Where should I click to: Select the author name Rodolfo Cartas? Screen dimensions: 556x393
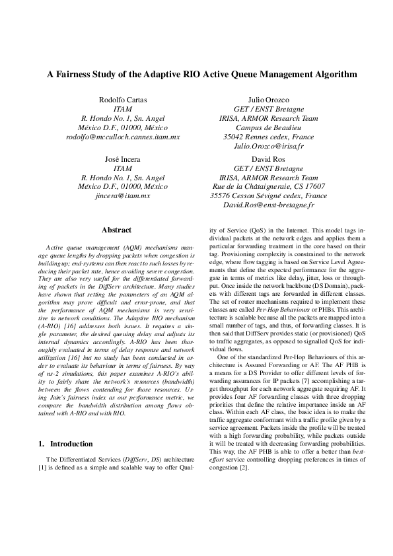[x=123, y=99]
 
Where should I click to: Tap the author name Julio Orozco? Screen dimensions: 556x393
[x=268, y=99]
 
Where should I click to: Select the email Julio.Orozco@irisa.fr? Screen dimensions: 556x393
[x=268, y=145]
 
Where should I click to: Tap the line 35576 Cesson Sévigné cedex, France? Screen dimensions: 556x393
[x=268, y=196]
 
